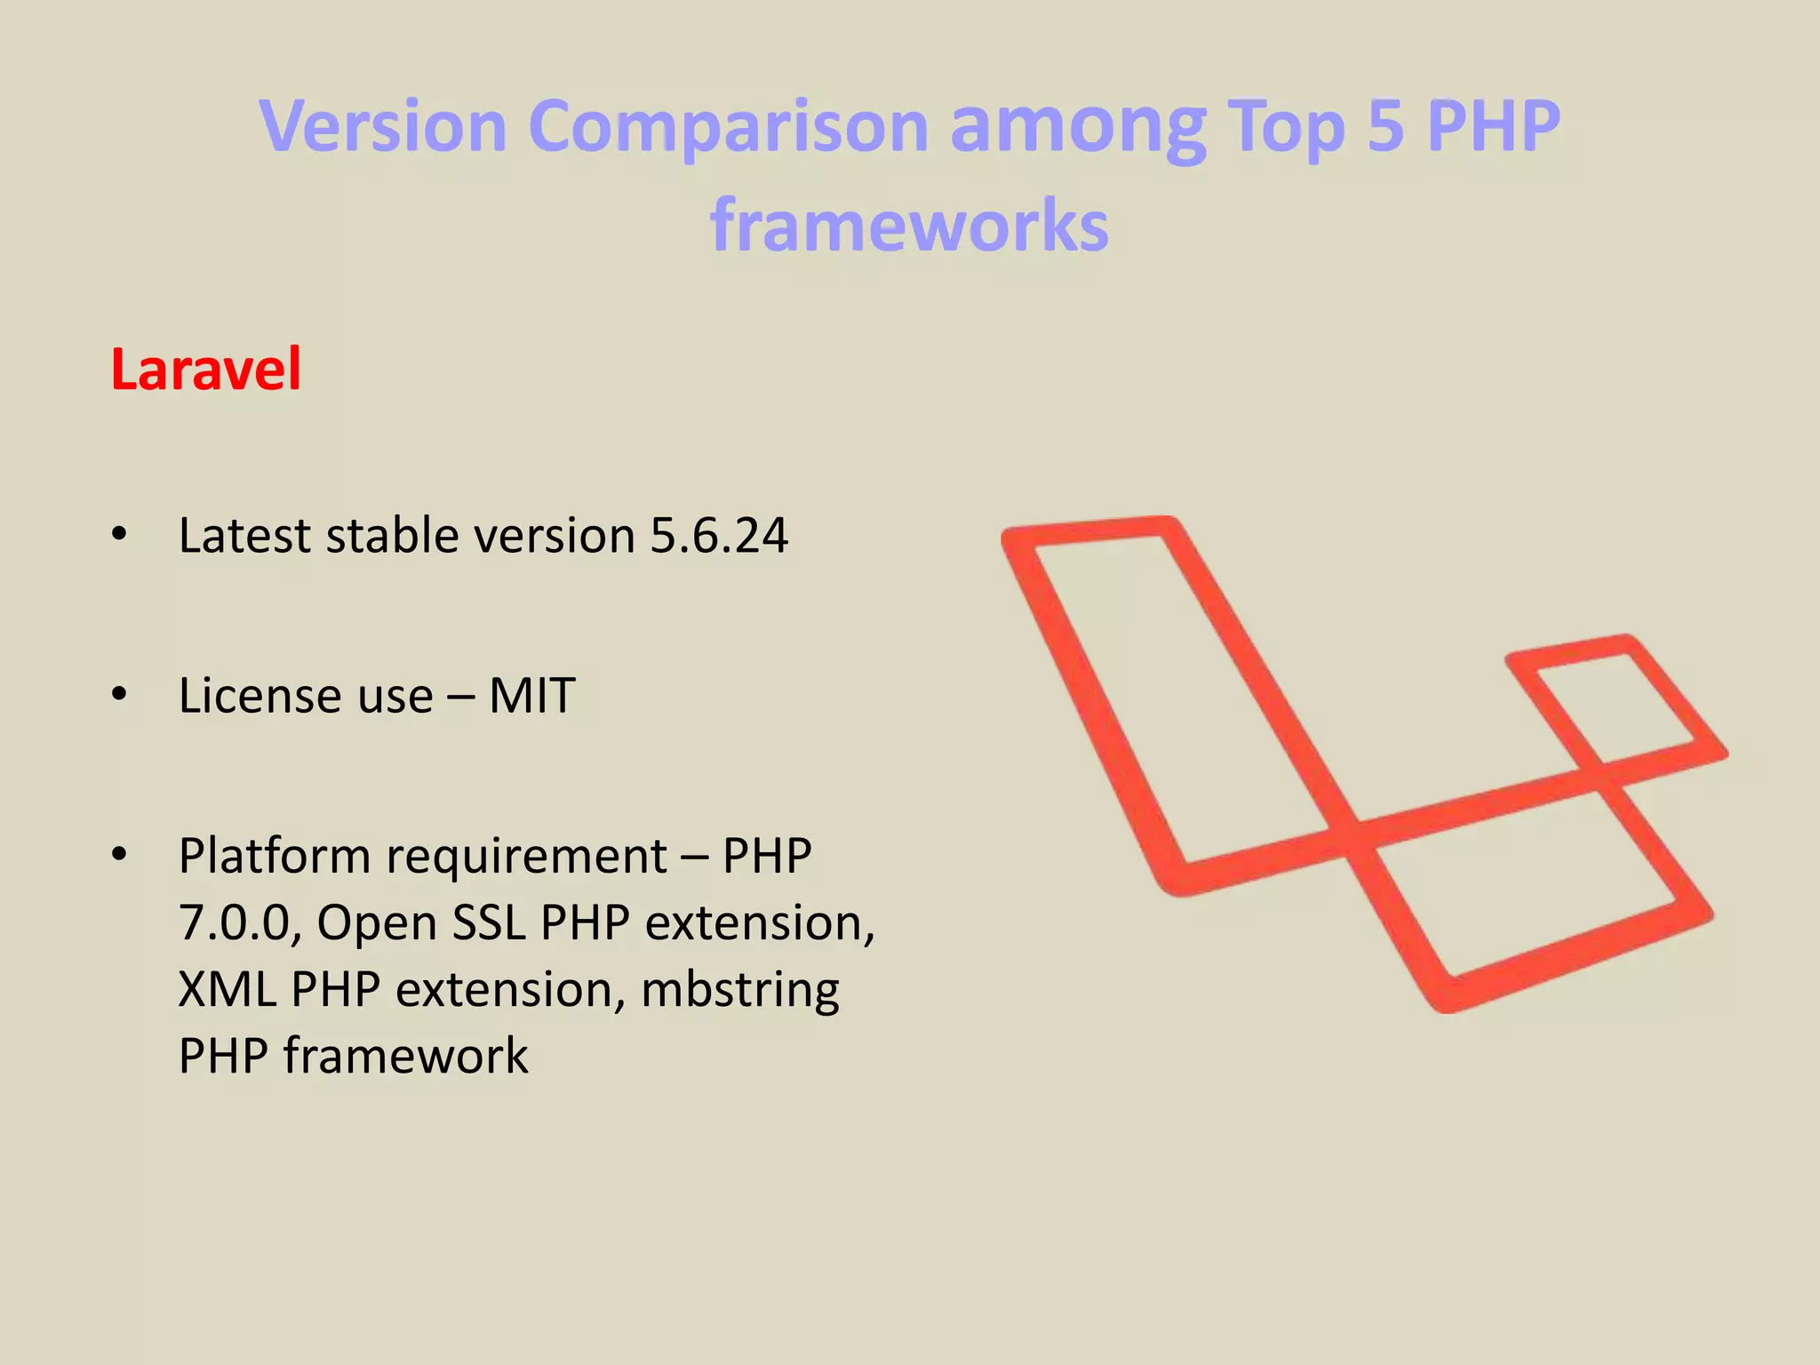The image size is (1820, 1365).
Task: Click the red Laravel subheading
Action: pyautogui.click(x=206, y=370)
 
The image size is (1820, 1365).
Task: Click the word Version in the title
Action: pyautogui.click(x=383, y=125)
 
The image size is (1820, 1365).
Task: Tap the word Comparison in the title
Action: pyautogui.click(x=728, y=125)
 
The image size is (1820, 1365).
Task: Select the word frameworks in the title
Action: pyautogui.click(x=909, y=225)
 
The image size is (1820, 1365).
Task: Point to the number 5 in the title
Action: pyautogui.click(x=1385, y=125)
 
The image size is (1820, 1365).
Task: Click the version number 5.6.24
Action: pyautogui.click(x=719, y=536)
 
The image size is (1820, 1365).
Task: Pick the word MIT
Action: pyautogui.click(x=531, y=696)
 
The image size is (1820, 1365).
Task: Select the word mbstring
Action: pyautogui.click(x=739, y=990)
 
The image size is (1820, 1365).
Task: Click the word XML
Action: pyautogui.click(x=227, y=990)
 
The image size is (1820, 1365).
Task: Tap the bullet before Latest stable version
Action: pyautogui.click(x=120, y=535)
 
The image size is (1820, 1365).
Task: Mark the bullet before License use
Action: pyautogui.click(x=120, y=695)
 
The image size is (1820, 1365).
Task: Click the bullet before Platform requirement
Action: pyautogui.click(x=120, y=855)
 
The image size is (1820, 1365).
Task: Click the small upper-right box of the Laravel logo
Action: pyautogui.click(x=1616, y=702)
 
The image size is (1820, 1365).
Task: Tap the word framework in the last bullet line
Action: pyautogui.click(x=405, y=1057)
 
